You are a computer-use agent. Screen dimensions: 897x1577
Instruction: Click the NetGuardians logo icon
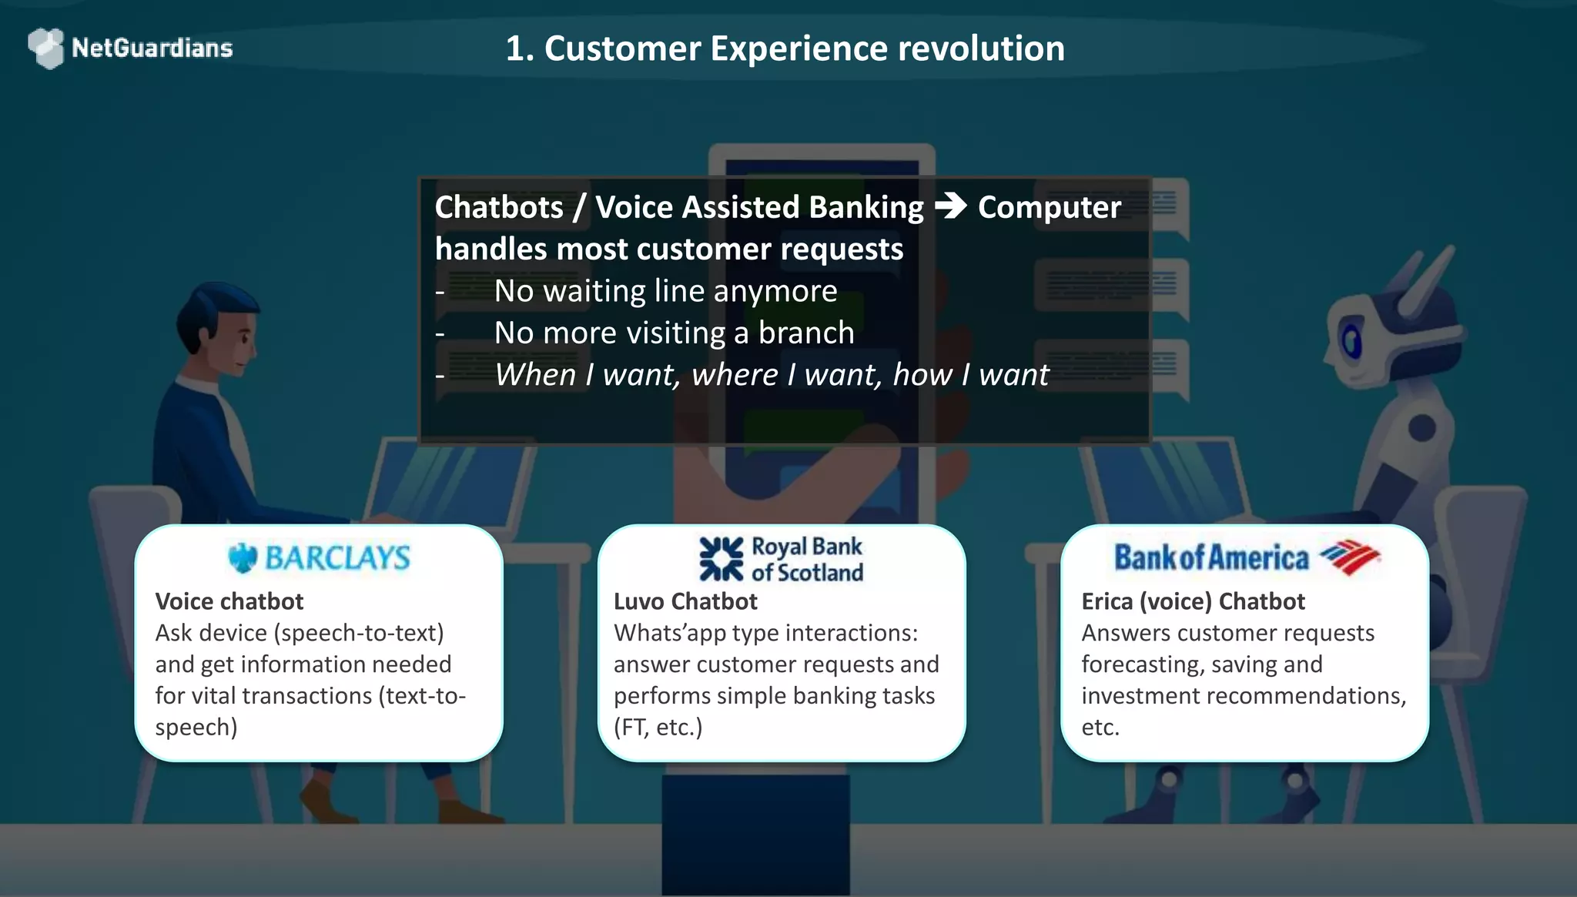pyautogui.click(x=46, y=48)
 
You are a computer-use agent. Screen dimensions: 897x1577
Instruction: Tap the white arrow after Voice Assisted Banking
pyautogui.click(x=950, y=206)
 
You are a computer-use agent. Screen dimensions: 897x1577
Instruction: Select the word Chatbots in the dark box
pyautogui.click(x=499, y=208)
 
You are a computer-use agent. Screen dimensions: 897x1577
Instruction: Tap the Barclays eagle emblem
pyautogui.click(x=243, y=557)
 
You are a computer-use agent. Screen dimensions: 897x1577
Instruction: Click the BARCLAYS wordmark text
pyautogui.click(x=337, y=557)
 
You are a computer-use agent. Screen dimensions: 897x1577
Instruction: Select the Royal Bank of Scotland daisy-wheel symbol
pyautogui.click(x=721, y=559)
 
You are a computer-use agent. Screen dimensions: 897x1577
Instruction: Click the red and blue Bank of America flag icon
pyautogui.click(x=1349, y=557)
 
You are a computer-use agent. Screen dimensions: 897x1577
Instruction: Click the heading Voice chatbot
pyautogui.click(x=229, y=601)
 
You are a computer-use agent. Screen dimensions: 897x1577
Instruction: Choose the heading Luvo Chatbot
pyautogui.click(x=685, y=601)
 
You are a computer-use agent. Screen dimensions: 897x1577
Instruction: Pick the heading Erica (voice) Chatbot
pyautogui.click(x=1193, y=601)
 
